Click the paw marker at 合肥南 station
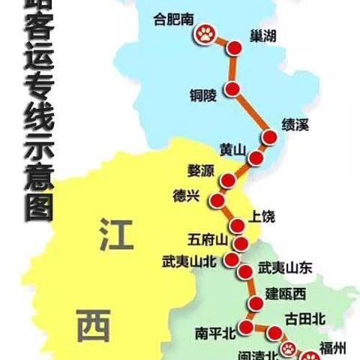coord(205,34)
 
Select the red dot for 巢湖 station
coord(235,49)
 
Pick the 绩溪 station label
coord(295,124)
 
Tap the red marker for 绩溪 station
coord(270,136)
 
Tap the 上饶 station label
coord(263,217)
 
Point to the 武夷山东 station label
coord(284,267)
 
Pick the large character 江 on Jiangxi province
coord(115,235)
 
